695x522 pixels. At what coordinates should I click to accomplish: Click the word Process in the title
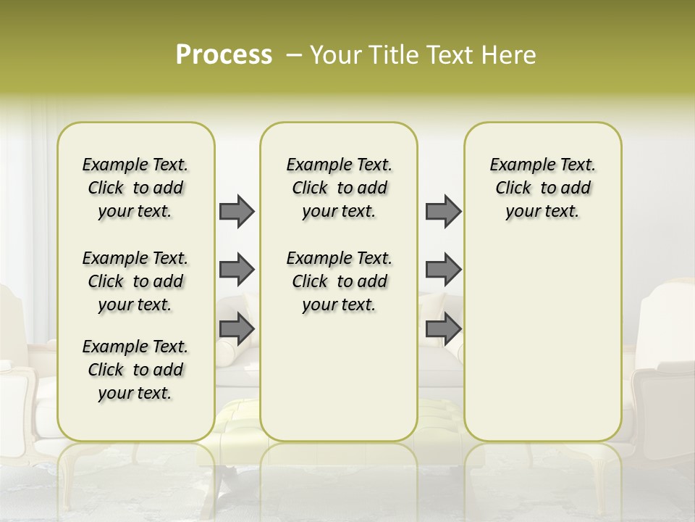click(224, 55)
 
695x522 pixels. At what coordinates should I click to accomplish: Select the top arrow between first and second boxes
click(237, 212)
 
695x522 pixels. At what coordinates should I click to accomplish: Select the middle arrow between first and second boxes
click(237, 270)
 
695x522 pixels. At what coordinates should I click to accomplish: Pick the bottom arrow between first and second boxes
click(237, 328)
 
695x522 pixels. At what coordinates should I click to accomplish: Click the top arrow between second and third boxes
click(443, 212)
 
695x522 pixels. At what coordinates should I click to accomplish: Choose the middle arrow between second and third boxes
click(443, 270)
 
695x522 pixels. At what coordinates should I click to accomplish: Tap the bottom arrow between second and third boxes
click(443, 328)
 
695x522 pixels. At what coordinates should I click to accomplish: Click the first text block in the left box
click(135, 188)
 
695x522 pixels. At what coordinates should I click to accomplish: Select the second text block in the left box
click(135, 281)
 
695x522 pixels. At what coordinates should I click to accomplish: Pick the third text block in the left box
click(135, 370)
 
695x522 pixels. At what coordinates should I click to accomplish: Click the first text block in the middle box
click(340, 188)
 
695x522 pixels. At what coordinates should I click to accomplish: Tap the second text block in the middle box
click(340, 281)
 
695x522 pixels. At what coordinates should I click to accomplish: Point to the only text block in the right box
click(543, 188)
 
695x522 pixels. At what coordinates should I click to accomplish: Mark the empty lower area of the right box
click(543, 333)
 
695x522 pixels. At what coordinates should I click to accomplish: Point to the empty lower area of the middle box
click(339, 377)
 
